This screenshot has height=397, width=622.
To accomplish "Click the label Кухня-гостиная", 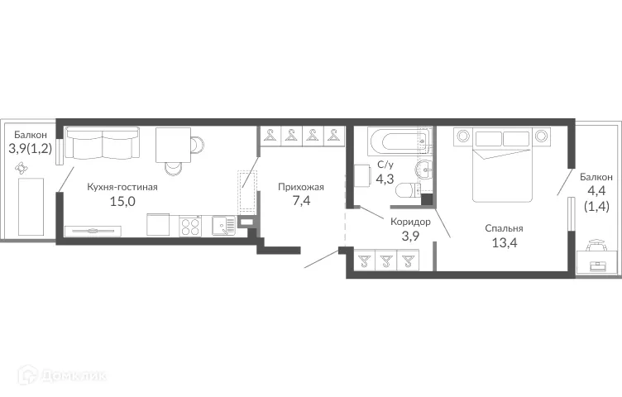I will click(122, 187).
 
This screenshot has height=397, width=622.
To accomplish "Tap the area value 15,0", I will click(122, 201).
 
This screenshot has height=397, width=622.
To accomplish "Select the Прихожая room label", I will click(301, 187).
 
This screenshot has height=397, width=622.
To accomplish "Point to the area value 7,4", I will click(301, 201).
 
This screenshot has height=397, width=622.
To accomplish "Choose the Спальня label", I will click(504, 228).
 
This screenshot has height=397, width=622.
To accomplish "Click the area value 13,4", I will click(504, 242).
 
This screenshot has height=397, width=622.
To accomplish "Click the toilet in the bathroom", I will click(408, 192).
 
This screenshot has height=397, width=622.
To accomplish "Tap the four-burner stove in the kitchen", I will click(189, 225).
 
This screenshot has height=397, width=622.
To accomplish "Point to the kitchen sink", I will click(223, 225).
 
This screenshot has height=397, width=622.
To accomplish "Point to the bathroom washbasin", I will click(425, 170).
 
